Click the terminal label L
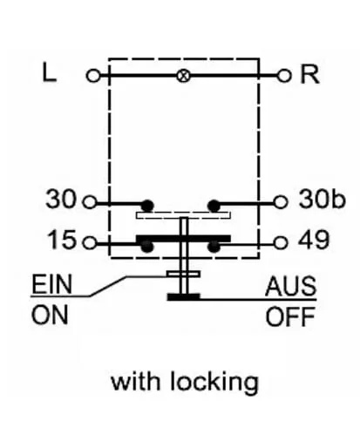[x=49, y=72]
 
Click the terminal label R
[x=309, y=74]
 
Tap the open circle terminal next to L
[x=93, y=76]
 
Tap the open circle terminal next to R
[x=283, y=76]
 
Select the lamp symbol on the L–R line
[x=183, y=76]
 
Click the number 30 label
[x=61, y=199]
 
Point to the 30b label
[x=323, y=199]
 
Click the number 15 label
[x=62, y=240]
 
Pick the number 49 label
[x=314, y=240]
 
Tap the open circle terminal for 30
[x=90, y=202]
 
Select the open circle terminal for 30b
[x=281, y=202]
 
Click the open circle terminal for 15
[x=90, y=242]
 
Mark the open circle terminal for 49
[x=281, y=242]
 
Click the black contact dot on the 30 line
[x=147, y=206]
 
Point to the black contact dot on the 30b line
[x=214, y=206]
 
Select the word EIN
[x=51, y=284]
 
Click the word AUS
[x=290, y=286]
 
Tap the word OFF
[x=290, y=316]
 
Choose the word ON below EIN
[x=50, y=315]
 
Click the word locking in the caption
[x=214, y=383]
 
